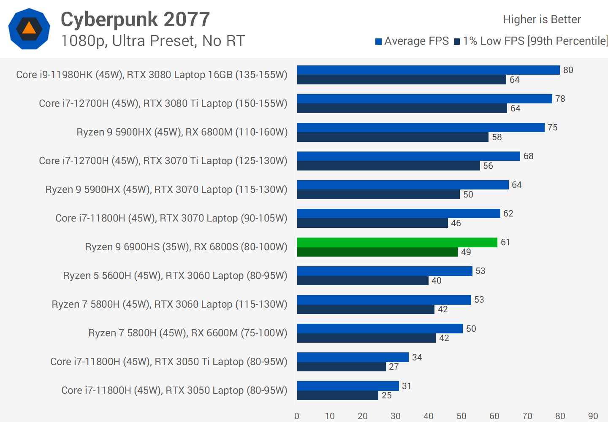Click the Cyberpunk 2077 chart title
pyautogui.click(x=135, y=19)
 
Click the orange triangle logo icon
pyautogui.click(x=29, y=29)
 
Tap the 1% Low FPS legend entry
pyautogui.click(x=531, y=41)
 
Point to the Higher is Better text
pyautogui.click(x=542, y=19)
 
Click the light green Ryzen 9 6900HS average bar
pyautogui.click(x=397, y=242)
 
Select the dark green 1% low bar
pyautogui.click(x=377, y=252)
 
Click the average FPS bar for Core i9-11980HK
pyautogui.click(x=428, y=70)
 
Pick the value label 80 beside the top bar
pyautogui.click(x=568, y=70)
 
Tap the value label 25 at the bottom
pyautogui.click(x=387, y=395)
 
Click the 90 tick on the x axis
pyautogui.click(x=593, y=416)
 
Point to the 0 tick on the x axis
pyautogui.click(x=297, y=416)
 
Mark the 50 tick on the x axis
pyautogui.click(x=461, y=416)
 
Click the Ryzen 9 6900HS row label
pyautogui.click(x=186, y=247)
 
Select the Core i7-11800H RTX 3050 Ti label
pyautogui.click(x=168, y=362)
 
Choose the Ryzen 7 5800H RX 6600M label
pyautogui.click(x=187, y=333)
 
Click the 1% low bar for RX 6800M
pyautogui.click(x=393, y=137)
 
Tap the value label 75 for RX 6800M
pyautogui.click(x=552, y=127)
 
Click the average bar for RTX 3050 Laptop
pyautogui.click(x=348, y=386)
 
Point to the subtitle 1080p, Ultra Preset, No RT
pyautogui.click(x=153, y=41)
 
